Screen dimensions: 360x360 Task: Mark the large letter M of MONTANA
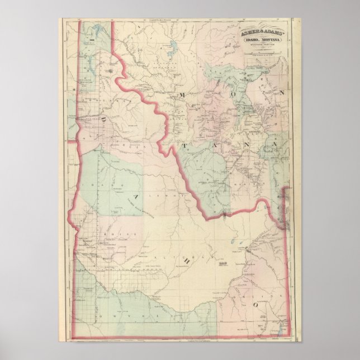(x=181, y=96)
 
